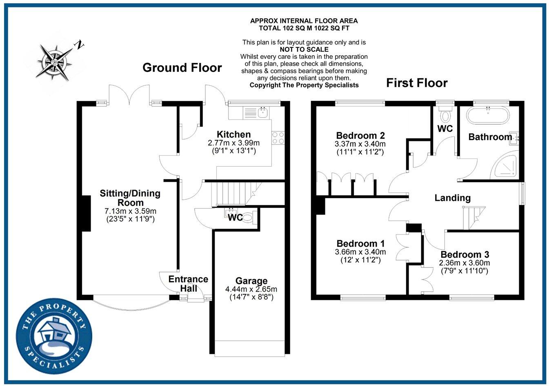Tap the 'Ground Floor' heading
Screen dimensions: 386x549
182,68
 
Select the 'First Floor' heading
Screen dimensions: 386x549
417,83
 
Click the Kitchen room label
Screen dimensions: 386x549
233,134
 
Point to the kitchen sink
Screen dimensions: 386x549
261,111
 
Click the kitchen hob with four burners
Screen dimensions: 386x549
278,138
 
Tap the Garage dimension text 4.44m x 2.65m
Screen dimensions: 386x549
251,289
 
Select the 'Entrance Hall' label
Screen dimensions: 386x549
188,284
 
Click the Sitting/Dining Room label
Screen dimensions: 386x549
130,198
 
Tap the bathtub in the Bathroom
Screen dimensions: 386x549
488,115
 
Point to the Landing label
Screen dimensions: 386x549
452,198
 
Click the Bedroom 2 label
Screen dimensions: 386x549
360,135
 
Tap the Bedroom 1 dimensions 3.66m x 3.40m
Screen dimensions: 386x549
360,252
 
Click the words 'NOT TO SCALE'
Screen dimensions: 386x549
304,49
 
